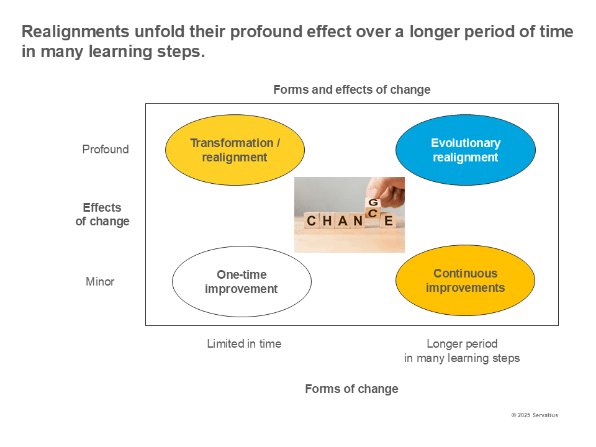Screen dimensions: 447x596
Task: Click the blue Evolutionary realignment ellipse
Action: [465, 150]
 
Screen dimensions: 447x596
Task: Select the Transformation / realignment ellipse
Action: [235, 150]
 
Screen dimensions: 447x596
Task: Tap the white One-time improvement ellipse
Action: [242, 282]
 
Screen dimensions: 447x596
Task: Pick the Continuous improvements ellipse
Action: [465, 281]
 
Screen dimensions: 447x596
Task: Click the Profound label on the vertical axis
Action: [106, 150]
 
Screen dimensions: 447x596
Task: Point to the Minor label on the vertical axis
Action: [100, 282]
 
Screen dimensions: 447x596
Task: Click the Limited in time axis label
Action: [244, 344]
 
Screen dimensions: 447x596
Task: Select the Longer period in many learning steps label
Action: [462, 351]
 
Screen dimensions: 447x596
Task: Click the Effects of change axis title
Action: [102, 214]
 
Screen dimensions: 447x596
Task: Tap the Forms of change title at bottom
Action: [351, 389]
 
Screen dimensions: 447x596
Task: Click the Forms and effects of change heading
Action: [351, 90]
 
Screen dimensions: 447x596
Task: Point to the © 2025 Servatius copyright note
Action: [534, 415]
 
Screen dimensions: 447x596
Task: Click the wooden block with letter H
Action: [327, 221]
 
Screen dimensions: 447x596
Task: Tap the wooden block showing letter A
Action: [343, 221]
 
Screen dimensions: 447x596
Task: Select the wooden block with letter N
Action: [358, 221]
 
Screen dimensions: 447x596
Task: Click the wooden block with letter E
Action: [389, 221]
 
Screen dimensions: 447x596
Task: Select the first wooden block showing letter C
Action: [312, 221]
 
